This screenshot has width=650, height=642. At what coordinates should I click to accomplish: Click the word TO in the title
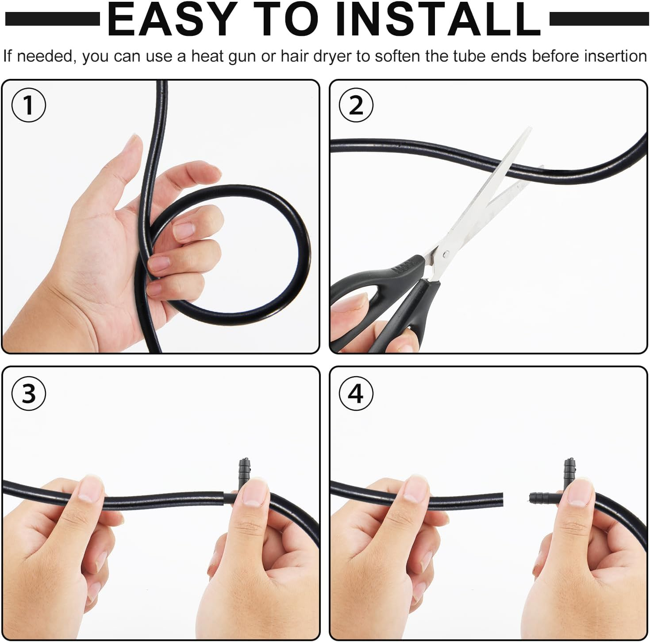[x=285, y=19]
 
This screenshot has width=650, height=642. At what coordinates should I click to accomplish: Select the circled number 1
[x=29, y=105]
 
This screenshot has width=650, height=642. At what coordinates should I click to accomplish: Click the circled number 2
[x=356, y=105]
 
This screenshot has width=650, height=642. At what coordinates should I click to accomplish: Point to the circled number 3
[x=29, y=393]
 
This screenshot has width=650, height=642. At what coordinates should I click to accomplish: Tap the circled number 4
[x=356, y=393]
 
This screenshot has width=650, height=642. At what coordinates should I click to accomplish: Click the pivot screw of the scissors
[x=447, y=253]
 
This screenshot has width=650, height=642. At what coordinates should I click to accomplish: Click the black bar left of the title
[x=53, y=19]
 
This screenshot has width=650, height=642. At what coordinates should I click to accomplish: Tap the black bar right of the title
[x=598, y=19]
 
